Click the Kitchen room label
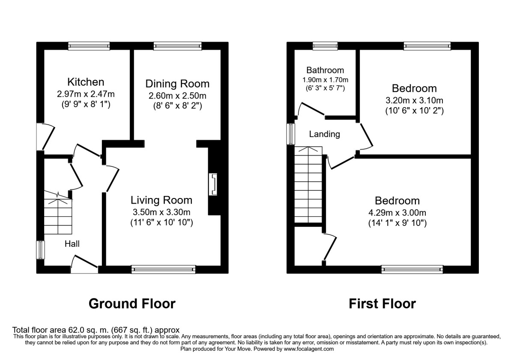tap(86, 82)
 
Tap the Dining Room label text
tap(177, 83)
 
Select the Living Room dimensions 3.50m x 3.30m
tap(161, 211)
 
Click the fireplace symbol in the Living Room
tap(213, 185)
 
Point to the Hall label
tap(72, 244)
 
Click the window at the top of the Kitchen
tap(89, 46)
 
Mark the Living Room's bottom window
tap(163, 269)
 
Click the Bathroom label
tap(325, 70)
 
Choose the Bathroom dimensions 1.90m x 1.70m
tap(325, 80)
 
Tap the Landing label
tap(325, 134)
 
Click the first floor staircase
tap(308, 184)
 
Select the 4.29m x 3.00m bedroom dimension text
tap(397, 213)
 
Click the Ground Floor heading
tap(132, 304)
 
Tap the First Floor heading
tap(382, 304)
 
